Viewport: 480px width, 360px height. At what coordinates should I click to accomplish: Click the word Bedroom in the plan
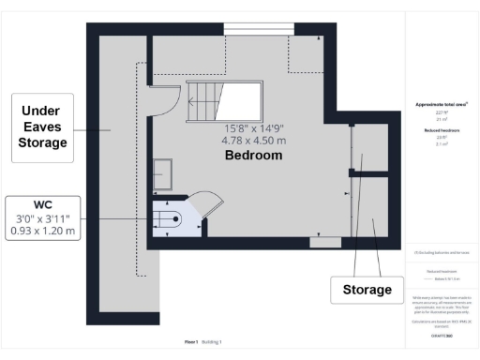click(253, 156)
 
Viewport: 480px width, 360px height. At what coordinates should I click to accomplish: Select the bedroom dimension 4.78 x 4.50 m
click(253, 142)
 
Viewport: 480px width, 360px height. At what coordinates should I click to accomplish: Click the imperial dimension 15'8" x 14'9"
click(253, 128)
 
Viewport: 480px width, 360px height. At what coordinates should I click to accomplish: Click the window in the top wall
click(253, 28)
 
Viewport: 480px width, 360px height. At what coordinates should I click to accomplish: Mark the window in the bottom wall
click(325, 243)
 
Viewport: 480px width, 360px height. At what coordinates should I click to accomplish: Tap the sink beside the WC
click(164, 172)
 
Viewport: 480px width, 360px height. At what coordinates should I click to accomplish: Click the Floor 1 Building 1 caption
click(203, 342)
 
